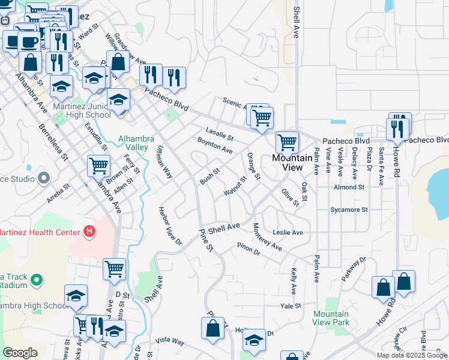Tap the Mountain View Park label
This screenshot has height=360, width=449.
[x=331, y=318]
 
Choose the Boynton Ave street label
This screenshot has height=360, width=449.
[x=214, y=145]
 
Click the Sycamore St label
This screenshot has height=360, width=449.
[x=348, y=210]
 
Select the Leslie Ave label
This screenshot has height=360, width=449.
[x=288, y=232]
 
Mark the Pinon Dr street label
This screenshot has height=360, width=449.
[x=248, y=248]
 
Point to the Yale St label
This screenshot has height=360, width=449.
[x=290, y=306]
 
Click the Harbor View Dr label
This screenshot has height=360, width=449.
[x=169, y=226]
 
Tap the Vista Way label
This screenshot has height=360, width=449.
[x=169, y=341]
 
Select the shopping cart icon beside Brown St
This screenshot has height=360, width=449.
[x=98, y=165]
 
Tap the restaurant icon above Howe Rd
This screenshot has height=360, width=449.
[x=397, y=128]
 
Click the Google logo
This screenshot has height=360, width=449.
[x=20, y=353]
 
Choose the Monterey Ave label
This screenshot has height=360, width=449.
[x=267, y=237]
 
